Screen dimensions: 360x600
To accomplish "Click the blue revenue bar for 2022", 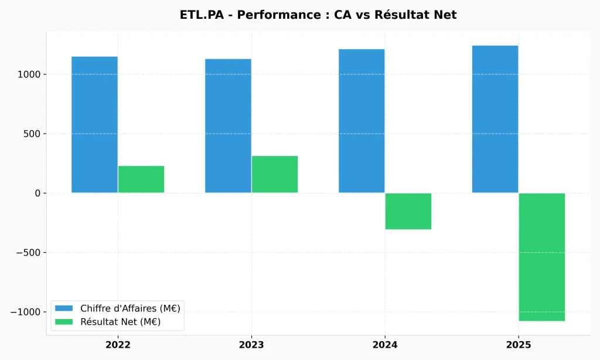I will point(94,124).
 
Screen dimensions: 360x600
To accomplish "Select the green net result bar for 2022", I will point(141,179).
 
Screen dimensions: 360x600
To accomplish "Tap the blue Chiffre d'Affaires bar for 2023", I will point(228,125).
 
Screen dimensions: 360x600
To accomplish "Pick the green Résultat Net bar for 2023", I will point(275,174).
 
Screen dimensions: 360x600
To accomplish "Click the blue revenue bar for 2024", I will point(362,121).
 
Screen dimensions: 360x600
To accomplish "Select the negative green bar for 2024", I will point(408,211).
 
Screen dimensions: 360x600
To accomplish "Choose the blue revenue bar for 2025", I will point(495,119).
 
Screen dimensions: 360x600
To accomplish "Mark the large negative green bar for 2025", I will point(542,257).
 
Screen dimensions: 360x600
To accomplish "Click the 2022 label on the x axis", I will point(118,345).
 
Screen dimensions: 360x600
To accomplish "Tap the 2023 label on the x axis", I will point(251,345).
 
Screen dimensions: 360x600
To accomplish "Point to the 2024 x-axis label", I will point(385,345).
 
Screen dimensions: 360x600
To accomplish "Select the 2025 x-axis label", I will point(519,345).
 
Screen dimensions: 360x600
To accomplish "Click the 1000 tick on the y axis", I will point(29,74).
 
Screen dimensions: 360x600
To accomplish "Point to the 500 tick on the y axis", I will point(32,134).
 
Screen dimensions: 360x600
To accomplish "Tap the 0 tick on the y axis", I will point(37,193).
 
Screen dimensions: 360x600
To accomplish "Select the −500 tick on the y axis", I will point(26,253).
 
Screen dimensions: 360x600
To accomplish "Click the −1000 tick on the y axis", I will point(24,312).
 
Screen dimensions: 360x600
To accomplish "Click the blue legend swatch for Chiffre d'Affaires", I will point(64,308).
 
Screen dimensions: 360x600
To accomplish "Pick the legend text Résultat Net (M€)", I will point(120,322).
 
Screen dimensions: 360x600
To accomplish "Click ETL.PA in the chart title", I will point(201,15).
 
